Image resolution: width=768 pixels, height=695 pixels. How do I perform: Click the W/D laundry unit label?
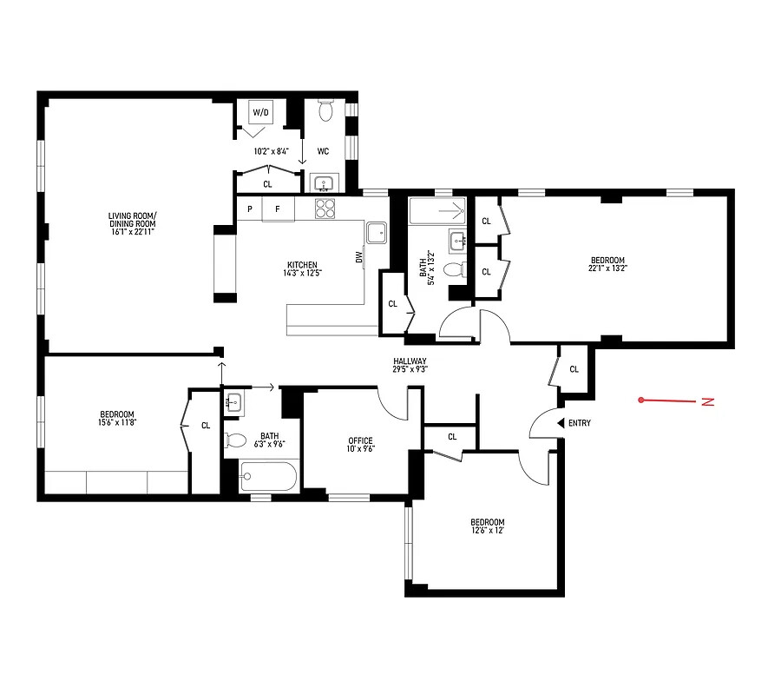click(x=260, y=112)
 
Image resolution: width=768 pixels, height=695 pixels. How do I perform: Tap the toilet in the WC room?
click(x=326, y=111)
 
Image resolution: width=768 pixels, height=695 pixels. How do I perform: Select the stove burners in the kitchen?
click(x=325, y=208)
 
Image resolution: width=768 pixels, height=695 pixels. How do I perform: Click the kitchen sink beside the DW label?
click(x=377, y=232)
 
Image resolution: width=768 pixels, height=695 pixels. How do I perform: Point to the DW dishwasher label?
click(x=358, y=257)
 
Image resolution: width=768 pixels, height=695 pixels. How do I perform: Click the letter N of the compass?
click(x=707, y=401)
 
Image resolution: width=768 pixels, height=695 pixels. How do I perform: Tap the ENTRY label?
click(x=579, y=423)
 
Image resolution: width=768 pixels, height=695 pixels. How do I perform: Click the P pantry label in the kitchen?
click(x=250, y=208)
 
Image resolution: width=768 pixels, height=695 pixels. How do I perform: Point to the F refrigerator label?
click(x=278, y=208)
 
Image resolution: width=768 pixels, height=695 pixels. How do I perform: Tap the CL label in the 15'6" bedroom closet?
click(x=206, y=426)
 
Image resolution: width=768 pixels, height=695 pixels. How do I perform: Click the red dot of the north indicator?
click(x=640, y=400)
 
